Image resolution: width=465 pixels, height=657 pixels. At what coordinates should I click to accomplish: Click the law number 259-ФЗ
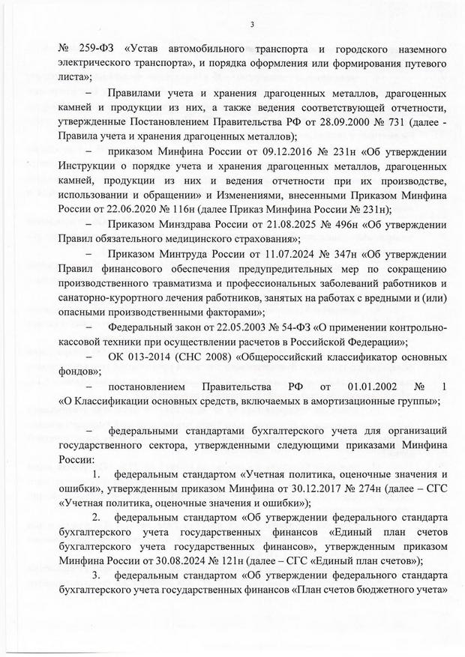tap(94, 50)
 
